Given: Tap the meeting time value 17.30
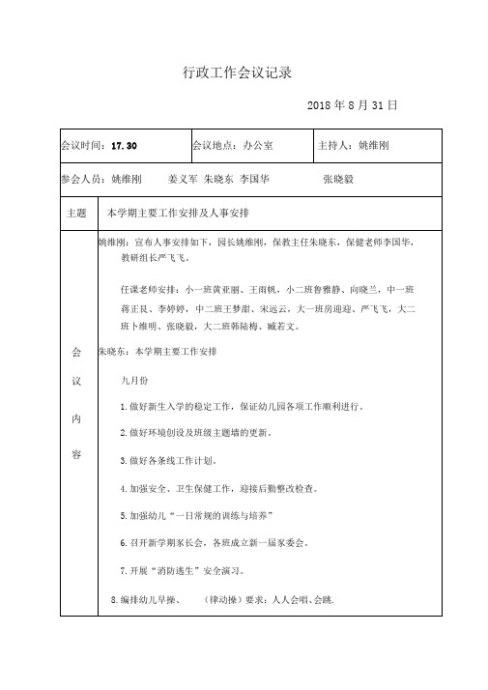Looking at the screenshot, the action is [x=125, y=146].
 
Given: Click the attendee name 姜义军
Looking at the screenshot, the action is [x=183, y=180].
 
